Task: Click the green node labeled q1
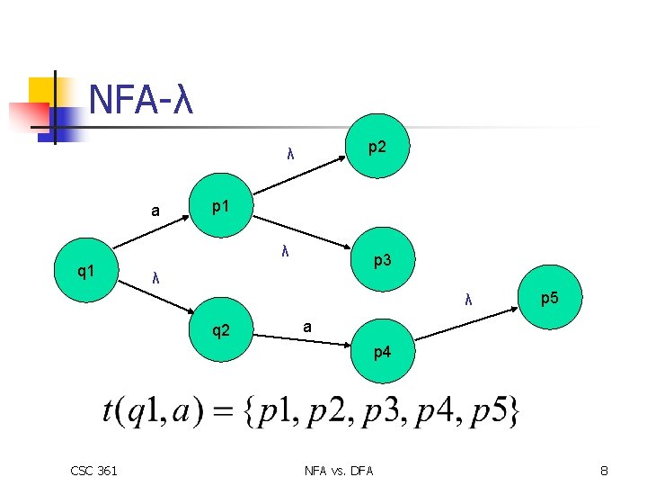(88, 270)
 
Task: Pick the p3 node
(383, 260)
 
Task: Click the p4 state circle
(383, 352)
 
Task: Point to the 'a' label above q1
(155, 212)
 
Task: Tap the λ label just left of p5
(469, 299)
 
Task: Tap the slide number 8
(605, 470)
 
